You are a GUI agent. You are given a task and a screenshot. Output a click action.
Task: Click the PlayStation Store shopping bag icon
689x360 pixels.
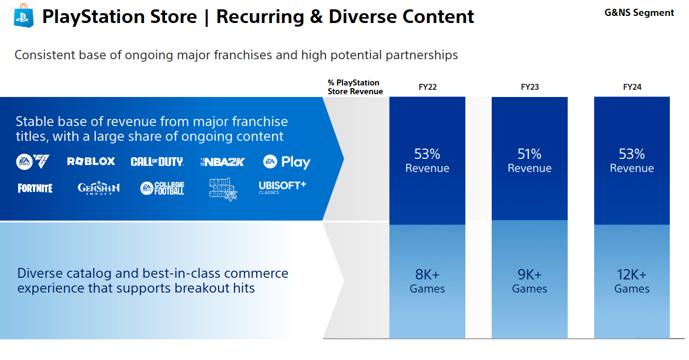24,15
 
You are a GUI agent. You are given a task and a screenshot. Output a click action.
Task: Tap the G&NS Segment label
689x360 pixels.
639,13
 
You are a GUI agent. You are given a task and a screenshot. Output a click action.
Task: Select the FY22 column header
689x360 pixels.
428,87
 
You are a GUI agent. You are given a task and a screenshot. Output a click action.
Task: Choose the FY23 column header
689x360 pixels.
529,87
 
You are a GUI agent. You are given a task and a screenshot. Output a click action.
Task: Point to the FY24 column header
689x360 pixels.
632,87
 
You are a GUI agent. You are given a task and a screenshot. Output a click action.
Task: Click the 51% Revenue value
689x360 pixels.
529,161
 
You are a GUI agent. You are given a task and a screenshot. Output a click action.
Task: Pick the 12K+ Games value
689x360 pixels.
632,281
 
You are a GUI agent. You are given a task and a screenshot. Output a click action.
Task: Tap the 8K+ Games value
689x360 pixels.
427,281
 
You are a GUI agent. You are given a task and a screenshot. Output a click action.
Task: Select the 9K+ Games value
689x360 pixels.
529,281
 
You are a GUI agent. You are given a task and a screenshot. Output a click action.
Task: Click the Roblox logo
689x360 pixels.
91,162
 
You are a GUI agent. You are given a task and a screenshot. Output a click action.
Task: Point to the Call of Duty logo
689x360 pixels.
157,162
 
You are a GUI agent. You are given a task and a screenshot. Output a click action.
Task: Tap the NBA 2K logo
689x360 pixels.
223,162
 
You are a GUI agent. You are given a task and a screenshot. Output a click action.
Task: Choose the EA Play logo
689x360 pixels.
287,162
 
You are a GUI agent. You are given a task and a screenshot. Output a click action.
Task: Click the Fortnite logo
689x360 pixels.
35,188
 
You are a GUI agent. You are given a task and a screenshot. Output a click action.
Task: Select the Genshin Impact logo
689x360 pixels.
99,187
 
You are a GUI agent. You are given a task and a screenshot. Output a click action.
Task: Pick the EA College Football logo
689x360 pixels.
162,188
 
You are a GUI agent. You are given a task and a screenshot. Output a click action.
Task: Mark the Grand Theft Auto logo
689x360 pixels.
223,190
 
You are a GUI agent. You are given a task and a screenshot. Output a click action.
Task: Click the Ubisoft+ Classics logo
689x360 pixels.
282,187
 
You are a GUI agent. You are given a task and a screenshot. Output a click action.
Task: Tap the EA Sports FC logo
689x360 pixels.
32,162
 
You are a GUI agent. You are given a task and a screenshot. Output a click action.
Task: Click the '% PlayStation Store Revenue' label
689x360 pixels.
355,87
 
